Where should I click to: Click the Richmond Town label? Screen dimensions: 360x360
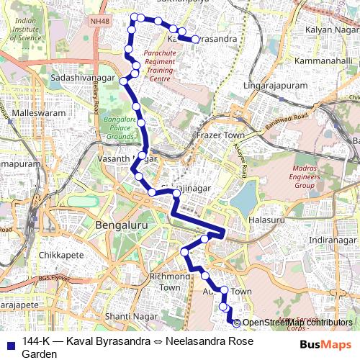pos(170,282)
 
